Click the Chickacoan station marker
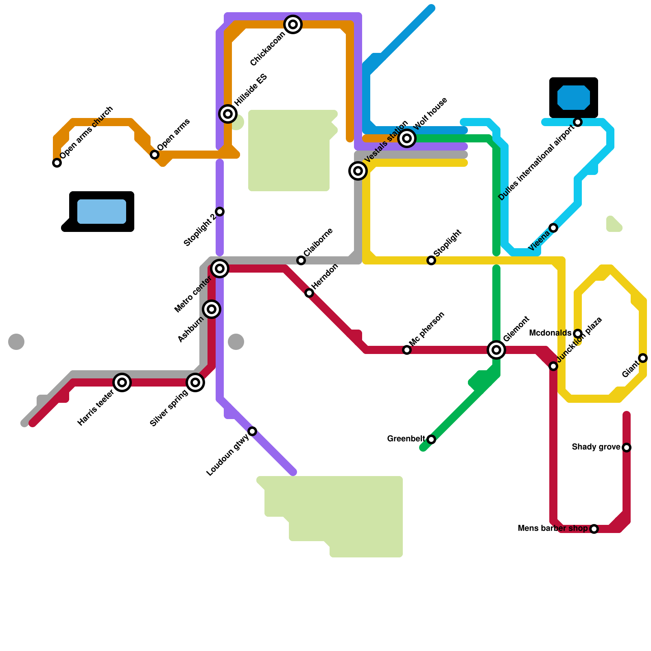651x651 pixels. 293,24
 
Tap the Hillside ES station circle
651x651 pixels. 228,114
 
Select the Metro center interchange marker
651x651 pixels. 220,269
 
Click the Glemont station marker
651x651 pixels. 496,350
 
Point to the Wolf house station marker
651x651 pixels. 407,138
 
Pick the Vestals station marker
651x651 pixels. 358,171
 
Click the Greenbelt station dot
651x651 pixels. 431,439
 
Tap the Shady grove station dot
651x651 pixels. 627,448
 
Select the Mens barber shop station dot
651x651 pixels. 594,529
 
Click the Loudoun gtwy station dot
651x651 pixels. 252,431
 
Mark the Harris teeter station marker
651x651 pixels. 122,382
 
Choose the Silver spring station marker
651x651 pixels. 195,382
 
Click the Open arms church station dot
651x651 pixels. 57,163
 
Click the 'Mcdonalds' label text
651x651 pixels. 550,333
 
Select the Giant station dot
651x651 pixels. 643,358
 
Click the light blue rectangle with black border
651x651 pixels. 102,212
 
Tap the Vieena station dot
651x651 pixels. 553,228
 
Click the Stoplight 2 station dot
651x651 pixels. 220,212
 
